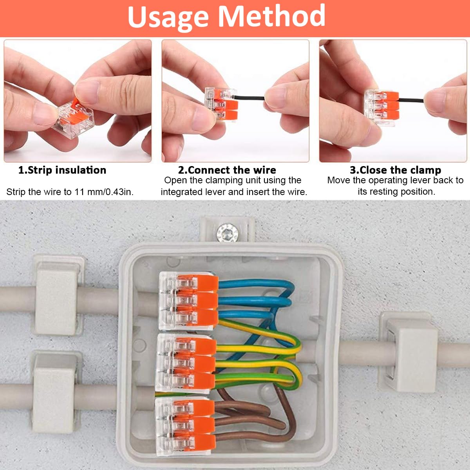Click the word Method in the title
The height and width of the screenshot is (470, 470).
point(271,16)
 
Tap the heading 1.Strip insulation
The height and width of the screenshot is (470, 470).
point(62,170)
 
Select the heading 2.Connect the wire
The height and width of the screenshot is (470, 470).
point(227,170)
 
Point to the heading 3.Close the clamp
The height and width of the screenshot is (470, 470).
point(395,170)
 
